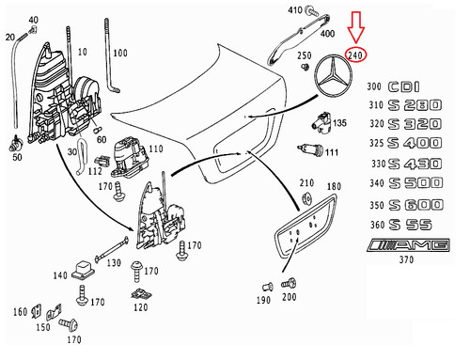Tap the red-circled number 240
(x=355, y=55)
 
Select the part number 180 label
(x=333, y=188)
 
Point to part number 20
(x=9, y=37)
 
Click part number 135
(x=339, y=122)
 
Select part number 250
(x=304, y=56)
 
